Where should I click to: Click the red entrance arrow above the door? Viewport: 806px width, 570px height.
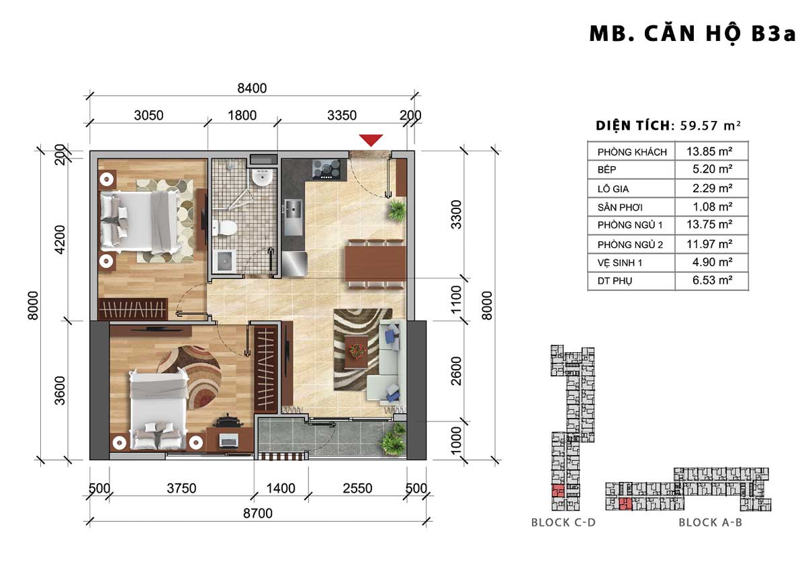pos(371,140)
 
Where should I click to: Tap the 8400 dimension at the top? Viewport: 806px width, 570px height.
pos(252,88)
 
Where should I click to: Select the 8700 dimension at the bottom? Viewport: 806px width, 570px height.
pos(258,513)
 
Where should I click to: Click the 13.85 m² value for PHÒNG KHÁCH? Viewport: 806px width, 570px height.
pos(709,151)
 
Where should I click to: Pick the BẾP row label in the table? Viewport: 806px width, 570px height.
pos(607,169)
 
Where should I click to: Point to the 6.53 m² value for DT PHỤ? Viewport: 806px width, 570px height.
pos(713,280)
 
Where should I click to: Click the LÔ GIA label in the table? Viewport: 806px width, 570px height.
pos(613,189)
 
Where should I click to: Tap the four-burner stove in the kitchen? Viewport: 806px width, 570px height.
pos(326,169)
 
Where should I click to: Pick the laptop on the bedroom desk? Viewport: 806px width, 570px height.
pos(229,441)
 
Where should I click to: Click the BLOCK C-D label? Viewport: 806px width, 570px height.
pos(564,522)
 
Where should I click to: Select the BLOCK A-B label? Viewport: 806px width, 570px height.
pos(711,522)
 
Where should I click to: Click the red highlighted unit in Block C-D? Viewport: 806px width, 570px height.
pos(557,491)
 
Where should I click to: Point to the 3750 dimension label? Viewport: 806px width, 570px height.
pos(181,488)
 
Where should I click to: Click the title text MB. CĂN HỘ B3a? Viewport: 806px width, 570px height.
pos(692,34)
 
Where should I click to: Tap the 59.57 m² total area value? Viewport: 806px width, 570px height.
pos(711,126)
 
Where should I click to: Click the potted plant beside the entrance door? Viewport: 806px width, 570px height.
pos(397,210)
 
